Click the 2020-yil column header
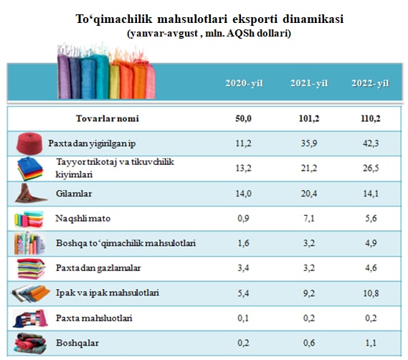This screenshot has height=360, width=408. click(244, 83)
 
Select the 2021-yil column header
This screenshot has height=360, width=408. click(309, 83)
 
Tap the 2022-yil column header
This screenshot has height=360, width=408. click(370, 83)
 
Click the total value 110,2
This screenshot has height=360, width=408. click(371, 119)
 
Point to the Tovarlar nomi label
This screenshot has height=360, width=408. click(108, 119)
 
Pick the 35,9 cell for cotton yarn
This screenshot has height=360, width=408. click(309, 143)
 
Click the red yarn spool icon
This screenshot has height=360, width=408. click(29, 143)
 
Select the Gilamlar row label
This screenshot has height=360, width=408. click(74, 194)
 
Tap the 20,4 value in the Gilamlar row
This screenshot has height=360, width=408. click(309, 194)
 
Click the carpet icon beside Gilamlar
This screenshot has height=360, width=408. click(30, 193)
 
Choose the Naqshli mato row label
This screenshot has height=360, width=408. click(83, 219)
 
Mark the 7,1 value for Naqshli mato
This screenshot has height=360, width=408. click(309, 219)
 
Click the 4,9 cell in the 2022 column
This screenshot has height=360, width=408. click(371, 243)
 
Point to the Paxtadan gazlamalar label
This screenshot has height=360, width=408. click(98, 268)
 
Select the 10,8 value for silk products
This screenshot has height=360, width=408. click(371, 293)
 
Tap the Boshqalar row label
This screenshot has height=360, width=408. click(77, 343)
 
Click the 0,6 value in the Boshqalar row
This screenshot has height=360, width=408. click(309, 343)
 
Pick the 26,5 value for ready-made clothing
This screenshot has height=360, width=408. click(371, 168)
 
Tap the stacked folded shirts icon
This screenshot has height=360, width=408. click(30, 169)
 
